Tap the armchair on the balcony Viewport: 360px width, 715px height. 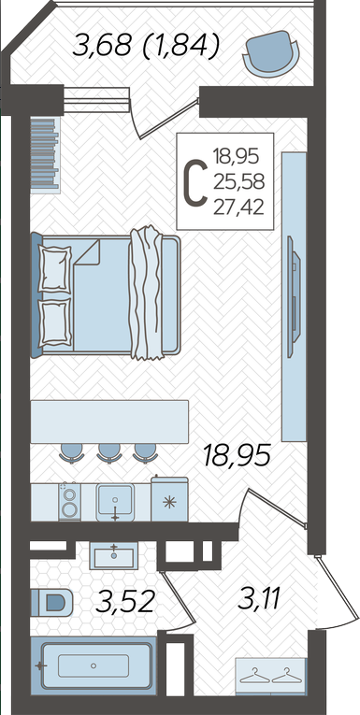pos(272,51)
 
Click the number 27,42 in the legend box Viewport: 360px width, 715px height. pos(238,207)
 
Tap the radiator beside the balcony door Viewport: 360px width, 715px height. pos(45,155)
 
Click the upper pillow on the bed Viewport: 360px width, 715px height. pos(55,268)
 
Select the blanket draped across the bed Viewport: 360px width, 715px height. pos(147,293)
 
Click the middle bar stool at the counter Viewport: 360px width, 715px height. pos(110,453)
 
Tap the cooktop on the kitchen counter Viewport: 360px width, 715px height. pos(69,502)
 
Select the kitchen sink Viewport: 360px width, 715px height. pos(115,502)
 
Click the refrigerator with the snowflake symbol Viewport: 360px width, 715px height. pos(169,499)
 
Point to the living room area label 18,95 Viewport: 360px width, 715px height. pos(238,455)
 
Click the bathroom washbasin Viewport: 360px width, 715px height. pos(114,555)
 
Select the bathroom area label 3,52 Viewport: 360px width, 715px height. pos(124,602)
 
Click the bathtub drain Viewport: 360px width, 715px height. pos(94,665)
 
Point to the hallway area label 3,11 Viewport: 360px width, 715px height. pos(259,600)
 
